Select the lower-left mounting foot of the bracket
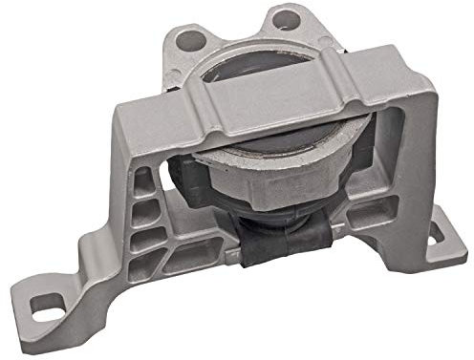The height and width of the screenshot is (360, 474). coord(57,306)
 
